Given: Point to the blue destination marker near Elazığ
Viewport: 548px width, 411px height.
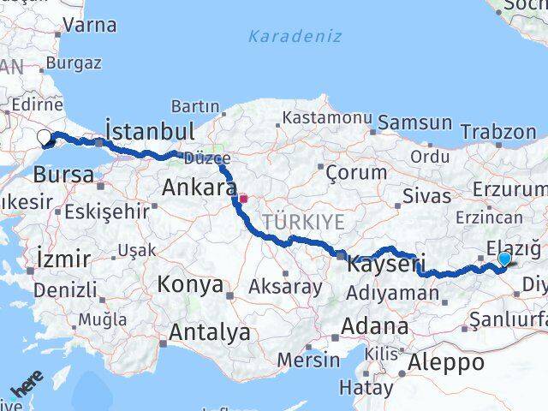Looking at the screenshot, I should coord(504,259).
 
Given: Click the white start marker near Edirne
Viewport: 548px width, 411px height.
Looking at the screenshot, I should coord(44,135).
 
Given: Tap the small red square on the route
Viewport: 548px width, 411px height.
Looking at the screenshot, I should coord(244,199).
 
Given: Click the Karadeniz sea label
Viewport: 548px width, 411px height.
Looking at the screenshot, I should coord(295,36).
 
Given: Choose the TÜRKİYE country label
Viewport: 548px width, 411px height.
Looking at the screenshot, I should coord(303,223).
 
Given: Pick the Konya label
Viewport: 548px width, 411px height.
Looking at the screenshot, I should coord(191,284).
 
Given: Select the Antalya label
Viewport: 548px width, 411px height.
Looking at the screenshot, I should coord(210,332).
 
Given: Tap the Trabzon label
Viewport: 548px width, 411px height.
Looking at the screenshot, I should coord(497,132).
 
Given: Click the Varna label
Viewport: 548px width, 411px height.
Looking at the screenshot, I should coord(89,25).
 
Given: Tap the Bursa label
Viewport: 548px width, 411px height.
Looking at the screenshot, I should coord(63,175).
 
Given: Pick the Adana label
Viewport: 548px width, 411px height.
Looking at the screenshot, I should coord(374,326).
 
